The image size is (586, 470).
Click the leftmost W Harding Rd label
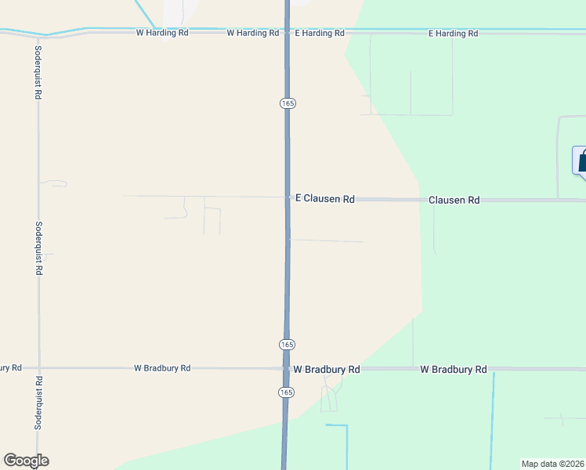tap(163, 34)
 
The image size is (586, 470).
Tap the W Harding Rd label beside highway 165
tap(252, 34)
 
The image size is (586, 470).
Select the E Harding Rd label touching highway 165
tap(320, 34)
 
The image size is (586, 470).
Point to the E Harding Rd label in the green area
tap(453, 34)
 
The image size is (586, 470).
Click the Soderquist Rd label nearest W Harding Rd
tap(38, 71)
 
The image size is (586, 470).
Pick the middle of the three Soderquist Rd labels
tap(38, 248)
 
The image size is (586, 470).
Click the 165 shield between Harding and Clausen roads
tap(288, 103)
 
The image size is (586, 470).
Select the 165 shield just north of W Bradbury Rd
tap(288, 345)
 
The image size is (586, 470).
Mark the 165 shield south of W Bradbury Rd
tap(288, 392)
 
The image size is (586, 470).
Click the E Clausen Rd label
tap(324, 200)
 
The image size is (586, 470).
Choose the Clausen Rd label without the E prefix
tap(454, 201)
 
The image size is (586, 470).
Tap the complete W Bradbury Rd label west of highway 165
tap(162, 367)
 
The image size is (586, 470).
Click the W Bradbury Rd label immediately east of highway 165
tap(326, 369)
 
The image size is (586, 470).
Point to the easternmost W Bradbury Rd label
tap(454, 369)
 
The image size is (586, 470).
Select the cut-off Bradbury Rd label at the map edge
tap(10, 367)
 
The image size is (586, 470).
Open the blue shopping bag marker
tap(581, 161)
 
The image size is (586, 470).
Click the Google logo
tap(26, 461)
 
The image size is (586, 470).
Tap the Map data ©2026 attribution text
tap(552, 464)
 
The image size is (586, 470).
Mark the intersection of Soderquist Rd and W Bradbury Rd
tap(38, 367)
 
